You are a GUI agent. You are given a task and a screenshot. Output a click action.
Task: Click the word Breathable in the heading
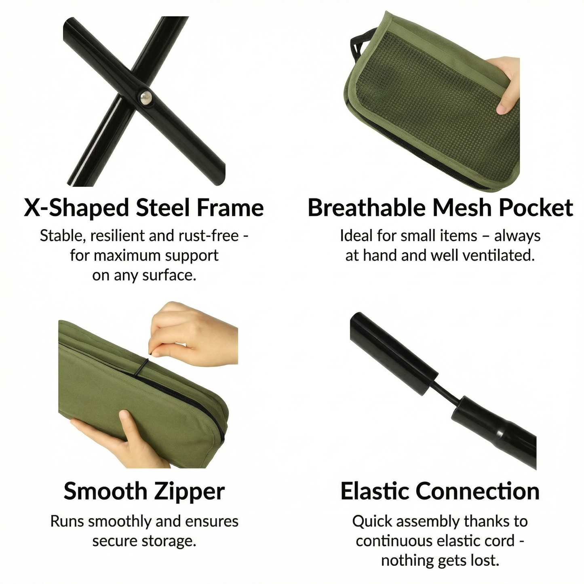click(x=365, y=208)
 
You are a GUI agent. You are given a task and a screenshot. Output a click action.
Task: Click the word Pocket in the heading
click(x=536, y=208)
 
